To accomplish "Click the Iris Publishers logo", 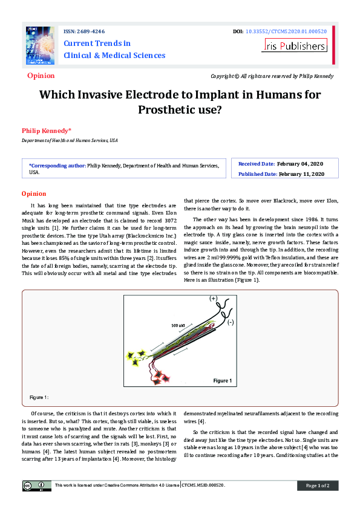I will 294,45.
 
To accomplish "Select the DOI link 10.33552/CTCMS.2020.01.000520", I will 289,31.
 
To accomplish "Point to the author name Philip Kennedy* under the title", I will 47,131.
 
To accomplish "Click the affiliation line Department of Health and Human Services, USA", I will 70,140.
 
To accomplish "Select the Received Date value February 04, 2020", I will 300,164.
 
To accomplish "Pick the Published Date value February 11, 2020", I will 301,174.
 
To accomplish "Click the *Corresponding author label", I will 57,164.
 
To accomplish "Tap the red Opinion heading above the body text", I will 34,193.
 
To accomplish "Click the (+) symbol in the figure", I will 213,299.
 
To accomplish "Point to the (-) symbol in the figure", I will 230,322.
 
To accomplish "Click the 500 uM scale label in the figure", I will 178,326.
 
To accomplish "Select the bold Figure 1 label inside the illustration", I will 221,381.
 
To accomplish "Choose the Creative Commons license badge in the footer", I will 37,485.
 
